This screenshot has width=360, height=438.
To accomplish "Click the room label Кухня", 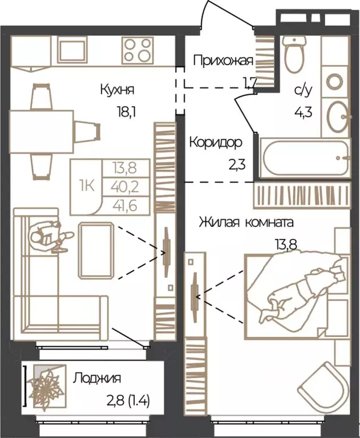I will [118, 90].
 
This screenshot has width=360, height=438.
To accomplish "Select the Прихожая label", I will [223, 60].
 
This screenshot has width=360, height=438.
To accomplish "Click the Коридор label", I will [216, 142].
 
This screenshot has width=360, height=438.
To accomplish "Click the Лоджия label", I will [97, 378].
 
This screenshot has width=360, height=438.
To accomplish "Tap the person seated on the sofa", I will [47, 237].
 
